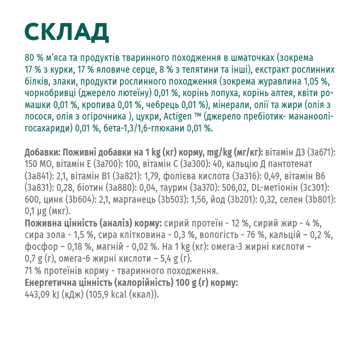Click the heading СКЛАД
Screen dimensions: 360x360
[x=67, y=32]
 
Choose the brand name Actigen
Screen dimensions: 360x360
[x=178, y=117]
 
